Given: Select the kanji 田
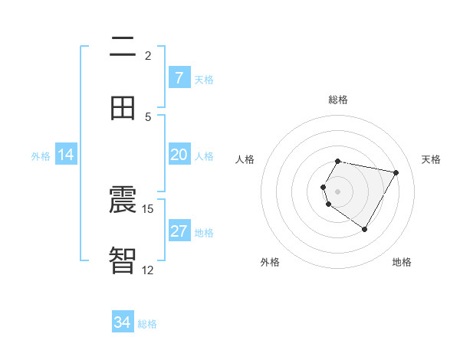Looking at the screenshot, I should click(123, 108).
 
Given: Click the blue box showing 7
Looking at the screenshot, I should click(179, 77).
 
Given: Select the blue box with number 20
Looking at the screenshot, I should click(179, 155).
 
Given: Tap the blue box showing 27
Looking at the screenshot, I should click(179, 231).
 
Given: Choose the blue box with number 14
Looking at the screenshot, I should click(66, 155).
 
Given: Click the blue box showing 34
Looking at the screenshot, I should click(123, 322).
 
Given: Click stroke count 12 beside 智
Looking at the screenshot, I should click(148, 270).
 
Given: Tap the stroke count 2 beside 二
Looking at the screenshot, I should click(148, 55).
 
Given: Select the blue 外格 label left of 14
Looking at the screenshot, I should click(41, 155).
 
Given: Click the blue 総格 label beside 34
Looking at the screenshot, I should click(147, 324).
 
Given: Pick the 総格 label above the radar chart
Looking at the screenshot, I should click(338, 100).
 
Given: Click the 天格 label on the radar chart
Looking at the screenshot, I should click(431, 159).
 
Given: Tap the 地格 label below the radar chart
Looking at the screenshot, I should click(402, 262).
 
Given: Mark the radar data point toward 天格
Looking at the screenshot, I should click(396, 172).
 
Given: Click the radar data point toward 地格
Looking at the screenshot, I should click(364, 229).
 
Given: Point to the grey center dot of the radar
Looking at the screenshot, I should click(338, 191).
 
